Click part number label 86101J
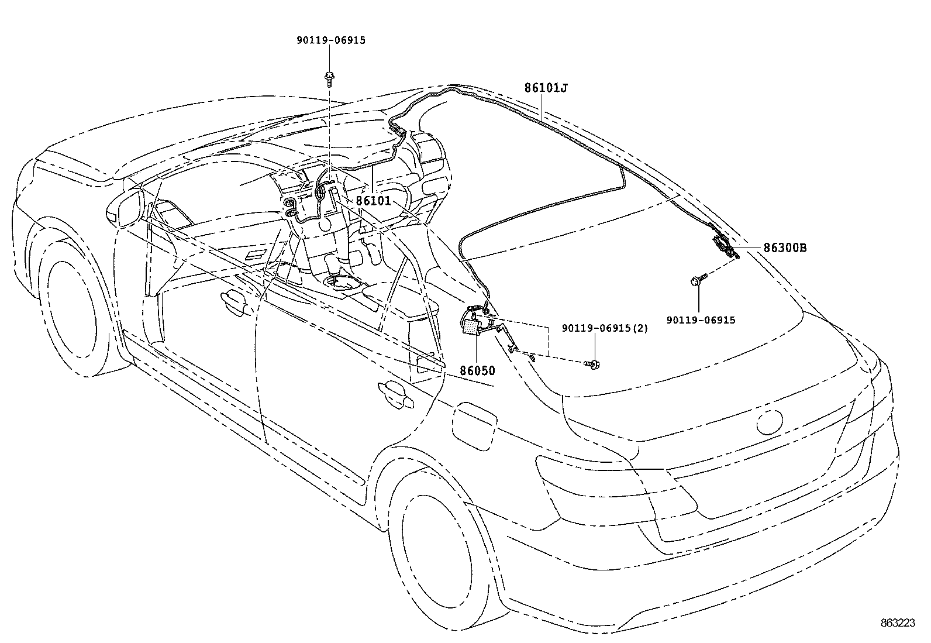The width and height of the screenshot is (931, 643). pos(546,88)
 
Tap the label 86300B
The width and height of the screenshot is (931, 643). pos(785,248)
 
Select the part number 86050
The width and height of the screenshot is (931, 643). pos(477,371)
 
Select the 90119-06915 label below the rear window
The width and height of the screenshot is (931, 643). pos(701,320)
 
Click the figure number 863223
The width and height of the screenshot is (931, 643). pos(898,624)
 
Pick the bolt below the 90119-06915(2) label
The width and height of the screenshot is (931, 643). pos(592,365)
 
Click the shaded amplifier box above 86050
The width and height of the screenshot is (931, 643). pos(470,326)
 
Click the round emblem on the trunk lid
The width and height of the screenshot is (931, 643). pos(769,421)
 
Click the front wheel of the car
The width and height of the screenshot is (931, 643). pos(70,310)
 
